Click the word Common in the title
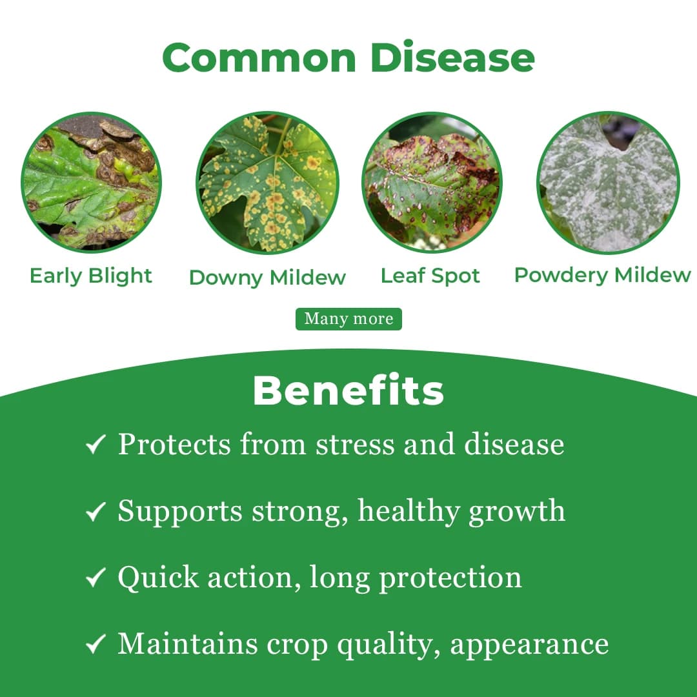click(x=259, y=57)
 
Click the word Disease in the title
click(x=452, y=57)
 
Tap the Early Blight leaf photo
click(x=91, y=183)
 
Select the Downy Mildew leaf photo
click(x=267, y=183)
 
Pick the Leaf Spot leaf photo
click(x=432, y=183)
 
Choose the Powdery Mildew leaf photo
click(x=608, y=183)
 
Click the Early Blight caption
click(x=91, y=276)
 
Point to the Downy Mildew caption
click(x=267, y=278)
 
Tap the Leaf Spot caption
click(x=430, y=276)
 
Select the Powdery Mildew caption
click(x=602, y=275)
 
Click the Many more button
click(x=348, y=319)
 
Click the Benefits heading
click(x=348, y=390)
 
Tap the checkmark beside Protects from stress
click(x=96, y=445)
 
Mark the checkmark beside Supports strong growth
click(x=96, y=512)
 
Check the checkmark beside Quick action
click(x=96, y=578)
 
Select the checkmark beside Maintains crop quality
click(x=96, y=643)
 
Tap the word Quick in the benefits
click(x=159, y=578)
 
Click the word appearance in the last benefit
click(x=529, y=644)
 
